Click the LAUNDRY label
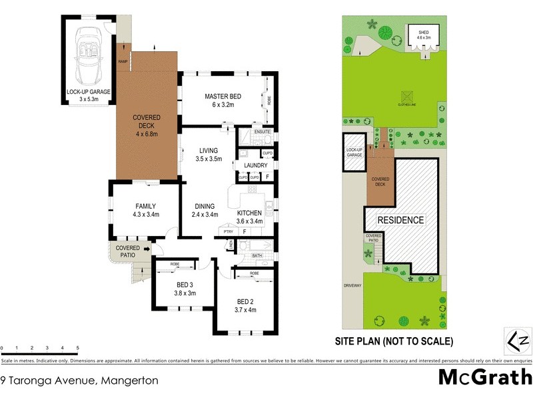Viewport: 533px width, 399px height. (x=256, y=166)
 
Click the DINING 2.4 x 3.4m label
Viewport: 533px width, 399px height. (x=205, y=210)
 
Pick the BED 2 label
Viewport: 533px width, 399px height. (x=246, y=305)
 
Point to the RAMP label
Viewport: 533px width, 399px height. (x=123, y=62)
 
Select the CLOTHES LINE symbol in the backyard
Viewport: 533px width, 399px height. (x=405, y=96)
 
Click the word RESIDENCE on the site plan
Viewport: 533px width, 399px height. (x=401, y=220)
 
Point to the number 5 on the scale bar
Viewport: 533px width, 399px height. (x=78, y=348)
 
